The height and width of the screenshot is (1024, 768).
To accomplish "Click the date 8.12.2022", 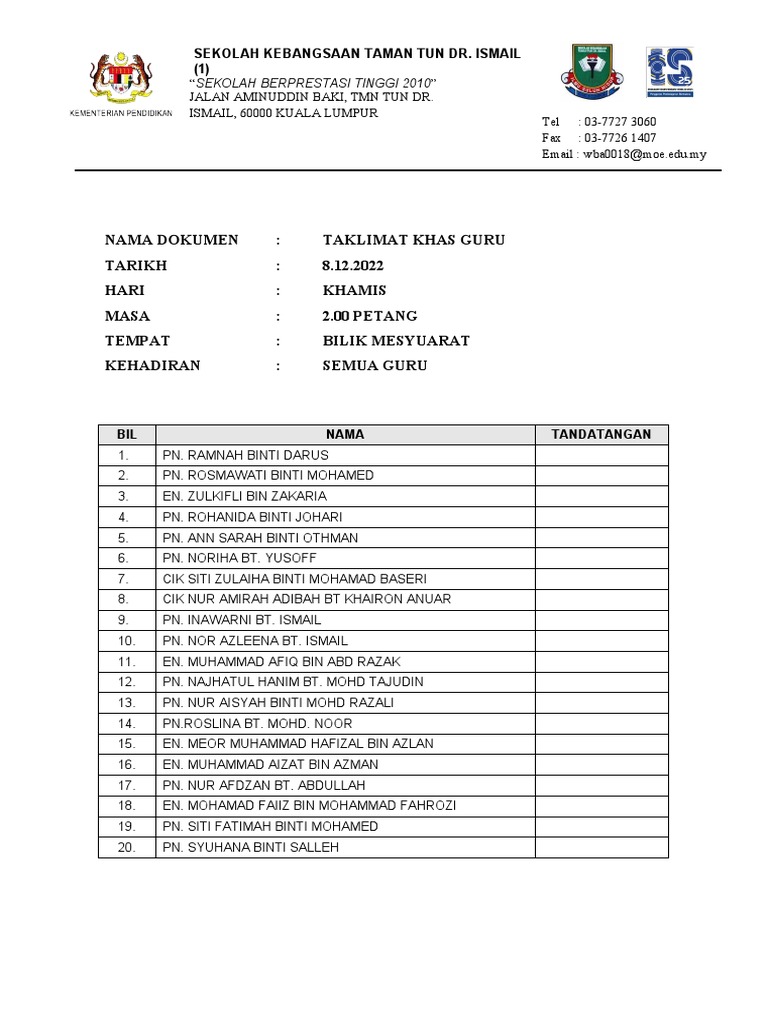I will pyautogui.click(x=352, y=266).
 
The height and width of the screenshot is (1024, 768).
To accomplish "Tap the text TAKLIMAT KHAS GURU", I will pyautogui.click(x=413, y=240).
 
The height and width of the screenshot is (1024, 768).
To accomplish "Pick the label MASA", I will pyautogui.click(x=127, y=316).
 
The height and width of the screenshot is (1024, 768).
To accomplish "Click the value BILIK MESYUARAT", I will pyautogui.click(x=396, y=341).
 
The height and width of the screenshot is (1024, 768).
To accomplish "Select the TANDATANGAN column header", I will pyautogui.click(x=601, y=434).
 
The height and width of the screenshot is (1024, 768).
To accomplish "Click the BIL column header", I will pyautogui.click(x=126, y=434).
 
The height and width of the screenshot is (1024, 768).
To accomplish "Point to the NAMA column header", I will pyautogui.click(x=344, y=434).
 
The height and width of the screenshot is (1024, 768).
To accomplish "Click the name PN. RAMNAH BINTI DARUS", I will pyautogui.click(x=245, y=455).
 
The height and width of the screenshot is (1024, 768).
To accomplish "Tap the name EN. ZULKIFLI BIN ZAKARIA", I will pyautogui.click(x=244, y=496).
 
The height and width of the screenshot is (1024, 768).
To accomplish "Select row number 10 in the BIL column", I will pyautogui.click(x=126, y=641).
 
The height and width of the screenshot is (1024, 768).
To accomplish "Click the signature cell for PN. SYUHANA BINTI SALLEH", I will pyautogui.click(x=601, y=847).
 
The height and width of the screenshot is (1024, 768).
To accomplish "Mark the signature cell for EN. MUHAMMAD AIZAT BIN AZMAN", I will pyautogui.click(x=601, y=765).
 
